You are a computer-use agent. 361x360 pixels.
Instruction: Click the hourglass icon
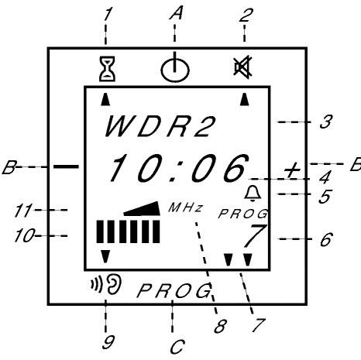(107, 69)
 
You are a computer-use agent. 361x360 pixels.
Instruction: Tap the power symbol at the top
(175, 69)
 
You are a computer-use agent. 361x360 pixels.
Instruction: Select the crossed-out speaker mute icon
(242, 67)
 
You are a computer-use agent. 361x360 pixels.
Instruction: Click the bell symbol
(253, 194)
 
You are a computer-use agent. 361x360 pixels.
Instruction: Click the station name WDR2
(160, 126)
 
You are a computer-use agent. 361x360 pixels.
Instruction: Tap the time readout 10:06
(179, 168)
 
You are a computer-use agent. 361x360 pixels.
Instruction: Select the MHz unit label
(185, 207)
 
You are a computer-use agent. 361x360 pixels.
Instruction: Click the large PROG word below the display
(174, 290)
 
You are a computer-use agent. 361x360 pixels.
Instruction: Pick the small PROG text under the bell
(242, 214)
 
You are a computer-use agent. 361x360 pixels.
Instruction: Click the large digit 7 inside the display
(255, 235)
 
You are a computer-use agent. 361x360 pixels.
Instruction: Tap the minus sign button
(66, 166)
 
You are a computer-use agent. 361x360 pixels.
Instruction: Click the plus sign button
(292, 170)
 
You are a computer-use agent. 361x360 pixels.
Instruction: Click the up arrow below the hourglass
(105, 99)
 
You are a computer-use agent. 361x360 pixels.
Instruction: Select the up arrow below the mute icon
(245, 99)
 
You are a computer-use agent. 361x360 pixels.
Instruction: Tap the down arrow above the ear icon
(105, 256)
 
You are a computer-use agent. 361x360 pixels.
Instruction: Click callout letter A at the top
(176, 13)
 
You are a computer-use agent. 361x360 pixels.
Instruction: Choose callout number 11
(23, 211)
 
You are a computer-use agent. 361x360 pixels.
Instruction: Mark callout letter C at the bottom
(177, 347)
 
